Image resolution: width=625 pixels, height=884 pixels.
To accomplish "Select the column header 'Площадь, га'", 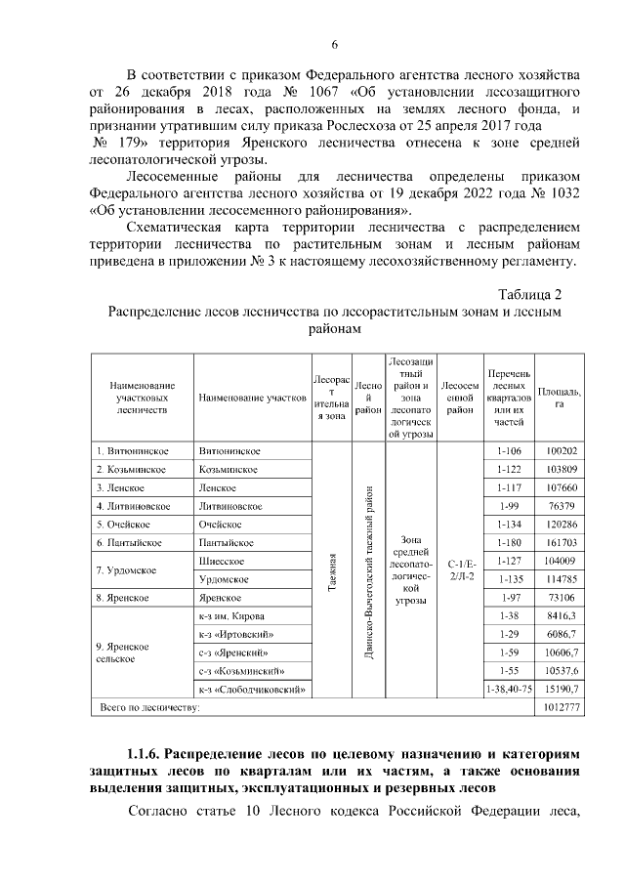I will (560, 399).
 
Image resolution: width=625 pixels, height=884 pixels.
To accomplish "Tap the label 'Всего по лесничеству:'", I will (146, 706).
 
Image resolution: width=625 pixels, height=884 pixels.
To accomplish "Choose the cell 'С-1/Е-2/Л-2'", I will (460, 569).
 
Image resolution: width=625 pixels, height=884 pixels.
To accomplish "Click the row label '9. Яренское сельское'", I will (122, 652).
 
